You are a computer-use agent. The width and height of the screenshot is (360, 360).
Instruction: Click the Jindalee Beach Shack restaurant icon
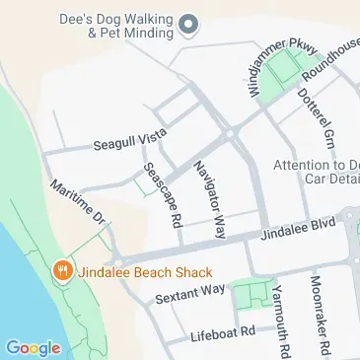(61, 270)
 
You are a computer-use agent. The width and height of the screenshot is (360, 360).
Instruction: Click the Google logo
(33, 346)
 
